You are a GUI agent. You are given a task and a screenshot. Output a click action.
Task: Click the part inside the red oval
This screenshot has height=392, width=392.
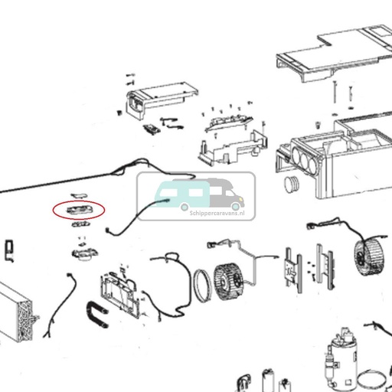coord(78,208)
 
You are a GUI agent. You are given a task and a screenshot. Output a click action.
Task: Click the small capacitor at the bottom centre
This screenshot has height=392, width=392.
coord(267,380)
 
